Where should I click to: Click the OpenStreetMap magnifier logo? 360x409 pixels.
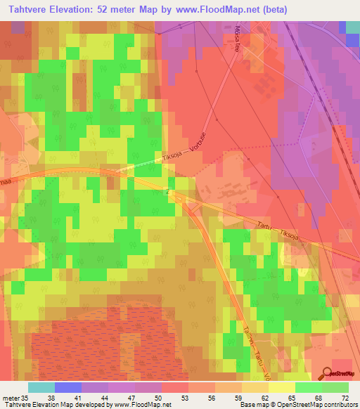pos(328,373)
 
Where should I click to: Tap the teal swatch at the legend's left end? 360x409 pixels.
pos(41,387)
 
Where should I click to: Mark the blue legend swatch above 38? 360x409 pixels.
pos(67,387)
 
